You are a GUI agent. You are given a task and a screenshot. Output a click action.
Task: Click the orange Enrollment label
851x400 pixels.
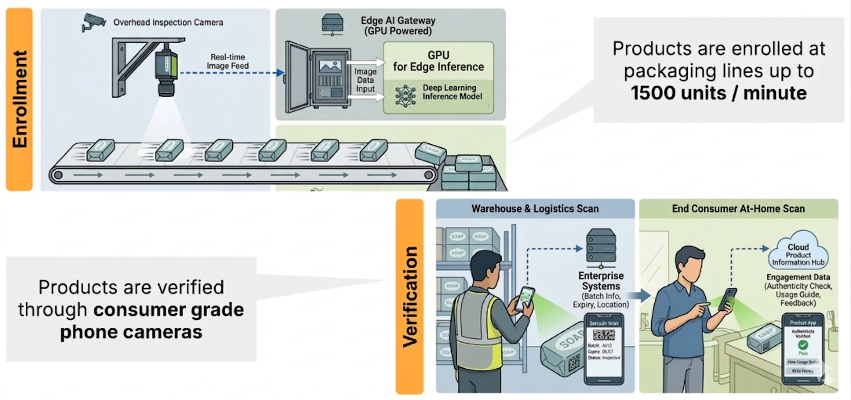click(19, 100)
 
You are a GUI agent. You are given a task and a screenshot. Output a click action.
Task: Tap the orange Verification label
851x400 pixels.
click(410, 296)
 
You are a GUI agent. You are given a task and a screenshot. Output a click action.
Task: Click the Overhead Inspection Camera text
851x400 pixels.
click(168, 23)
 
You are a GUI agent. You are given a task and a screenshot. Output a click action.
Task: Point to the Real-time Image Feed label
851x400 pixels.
click(229, 61)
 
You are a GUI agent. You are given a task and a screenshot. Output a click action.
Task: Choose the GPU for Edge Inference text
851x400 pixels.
click(438, 61)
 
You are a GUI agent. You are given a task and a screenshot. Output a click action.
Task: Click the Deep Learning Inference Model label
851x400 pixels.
click(452, 92)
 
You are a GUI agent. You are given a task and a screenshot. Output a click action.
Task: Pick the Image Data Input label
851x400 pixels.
click(365, 81)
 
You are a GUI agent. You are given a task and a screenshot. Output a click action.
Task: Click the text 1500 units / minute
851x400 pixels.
click(718, 93)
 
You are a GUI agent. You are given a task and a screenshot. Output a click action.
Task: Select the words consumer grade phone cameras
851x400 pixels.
click(131, 320)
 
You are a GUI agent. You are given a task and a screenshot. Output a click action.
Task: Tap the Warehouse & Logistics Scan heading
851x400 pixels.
click(535, 209)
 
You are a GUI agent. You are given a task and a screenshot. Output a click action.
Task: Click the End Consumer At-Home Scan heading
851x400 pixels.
click(738, 209)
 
